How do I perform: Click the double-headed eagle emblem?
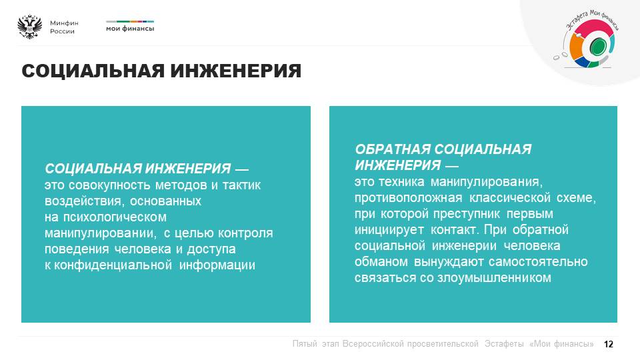[x=30, y=27]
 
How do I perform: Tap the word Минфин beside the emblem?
[x=64, y=23]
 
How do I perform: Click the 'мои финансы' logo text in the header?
[x=130, y=29]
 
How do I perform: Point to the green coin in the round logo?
[x=597, y=46]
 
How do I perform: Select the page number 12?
[x=608, y=344]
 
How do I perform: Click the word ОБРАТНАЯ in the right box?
[x=393, y=149]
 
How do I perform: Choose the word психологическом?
[x=115, y=217]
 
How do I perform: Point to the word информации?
[x=217, y=265]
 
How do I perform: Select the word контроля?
[x=245, y=233]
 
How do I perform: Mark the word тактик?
[x=241, y=185]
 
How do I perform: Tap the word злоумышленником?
[x=494, y=277]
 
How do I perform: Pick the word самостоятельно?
[x=538, y=261]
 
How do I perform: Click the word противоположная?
[x=408, y=198]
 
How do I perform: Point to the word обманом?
[x=381, y=261]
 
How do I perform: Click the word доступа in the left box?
[x=211, y=249]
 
